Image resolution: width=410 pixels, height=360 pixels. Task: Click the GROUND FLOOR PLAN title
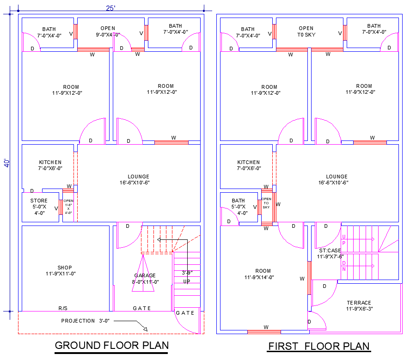(111, 345)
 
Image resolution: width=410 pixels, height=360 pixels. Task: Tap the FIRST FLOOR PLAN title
(319, 346)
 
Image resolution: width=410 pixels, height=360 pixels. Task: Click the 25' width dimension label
(110, 8)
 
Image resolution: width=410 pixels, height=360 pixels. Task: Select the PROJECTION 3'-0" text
(85, 321)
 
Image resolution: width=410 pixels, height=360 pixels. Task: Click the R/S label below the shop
(63, 308)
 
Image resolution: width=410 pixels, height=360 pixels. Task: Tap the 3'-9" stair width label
(187, 273)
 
